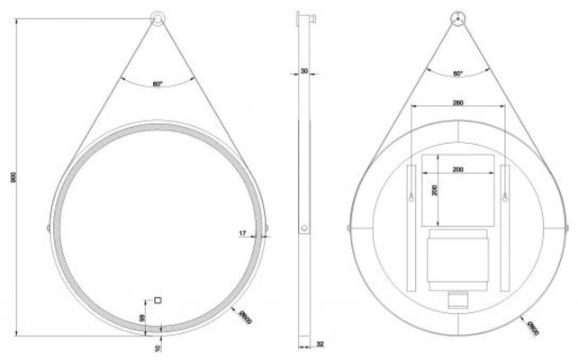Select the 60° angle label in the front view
click(158, 84)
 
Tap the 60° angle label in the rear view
click(457, 73)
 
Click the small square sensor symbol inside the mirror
click(158, 300)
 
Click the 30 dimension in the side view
click(305, 70)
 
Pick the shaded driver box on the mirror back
click(457, 261)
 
